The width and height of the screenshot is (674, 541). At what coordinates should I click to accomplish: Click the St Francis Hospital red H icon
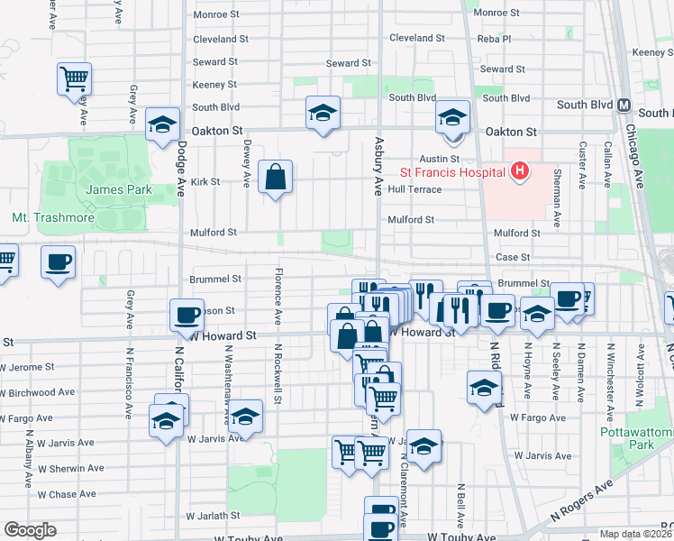click(x=518, y=170)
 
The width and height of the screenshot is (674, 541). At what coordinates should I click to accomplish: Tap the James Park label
click(x=118, y=189)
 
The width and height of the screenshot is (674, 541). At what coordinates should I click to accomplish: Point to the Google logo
click(x=29, y=530)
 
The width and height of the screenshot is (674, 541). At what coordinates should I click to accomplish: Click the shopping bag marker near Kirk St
click(x=275, y=177)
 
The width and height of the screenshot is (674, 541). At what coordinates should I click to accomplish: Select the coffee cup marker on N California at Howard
click(x=187, y=316)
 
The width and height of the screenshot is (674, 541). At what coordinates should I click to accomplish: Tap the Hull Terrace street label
click(x=415, y=189)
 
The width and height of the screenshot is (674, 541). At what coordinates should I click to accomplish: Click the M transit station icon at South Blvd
click(x=623, y=105)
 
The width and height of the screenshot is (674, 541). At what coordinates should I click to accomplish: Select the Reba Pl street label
click(x=495, y=39)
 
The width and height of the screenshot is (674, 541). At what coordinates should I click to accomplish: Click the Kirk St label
click(x=205, y=181)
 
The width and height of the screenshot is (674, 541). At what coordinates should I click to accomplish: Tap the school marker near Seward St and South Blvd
click(x=323, y=114)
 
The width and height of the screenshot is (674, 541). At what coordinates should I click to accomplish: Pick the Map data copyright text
click(x=636, y=534)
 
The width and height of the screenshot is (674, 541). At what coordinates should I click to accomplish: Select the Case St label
click(x=514, y=257)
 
